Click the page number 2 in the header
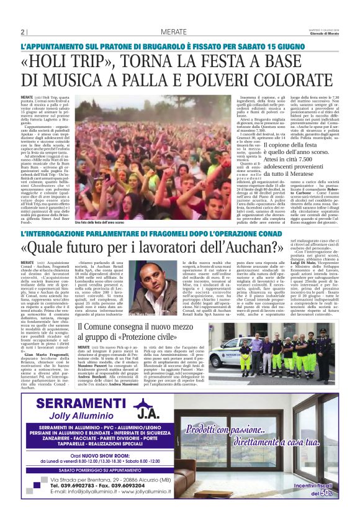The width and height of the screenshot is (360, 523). [x=22, y=32]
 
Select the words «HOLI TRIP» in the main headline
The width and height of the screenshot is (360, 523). [x=90, y=65]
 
